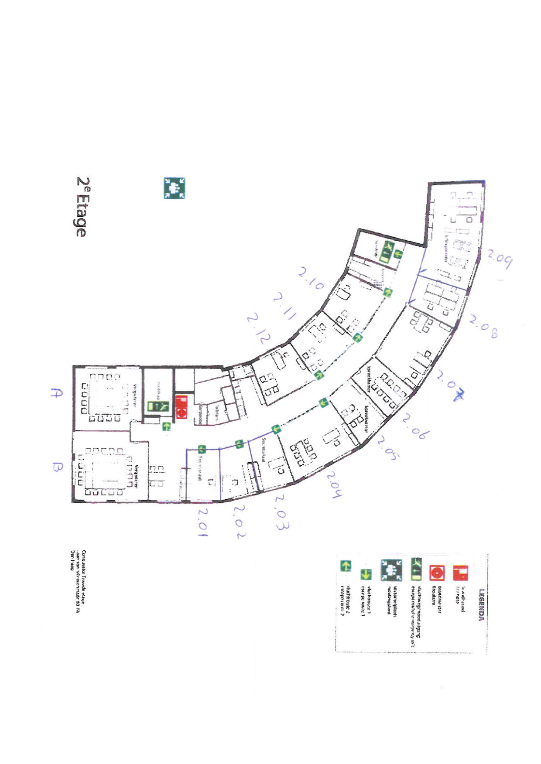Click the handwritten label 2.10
pos(311,280)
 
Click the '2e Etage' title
pos(81,207)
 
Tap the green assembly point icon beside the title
pos(174,188)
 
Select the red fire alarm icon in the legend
pos(437,573)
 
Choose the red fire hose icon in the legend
pos(460,573)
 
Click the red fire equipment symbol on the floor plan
pos(181,407)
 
